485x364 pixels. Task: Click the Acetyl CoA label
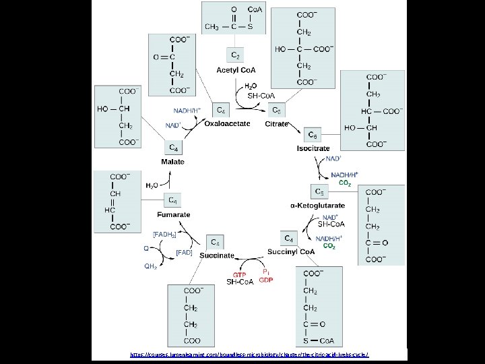234,70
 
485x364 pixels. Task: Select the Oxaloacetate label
227,124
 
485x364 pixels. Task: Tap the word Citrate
277,124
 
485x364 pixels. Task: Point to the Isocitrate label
313,148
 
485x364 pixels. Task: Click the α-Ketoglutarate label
317,205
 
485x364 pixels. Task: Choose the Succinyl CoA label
291,251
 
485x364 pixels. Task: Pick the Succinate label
216,255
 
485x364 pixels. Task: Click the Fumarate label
174,214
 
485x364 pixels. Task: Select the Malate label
172,162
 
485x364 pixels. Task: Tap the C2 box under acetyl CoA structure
236,55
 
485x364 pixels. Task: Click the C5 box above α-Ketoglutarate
319,192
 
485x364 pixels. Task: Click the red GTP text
239,275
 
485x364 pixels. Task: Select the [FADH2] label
164,233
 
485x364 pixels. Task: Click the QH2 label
151,266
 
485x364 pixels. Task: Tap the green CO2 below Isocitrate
344,183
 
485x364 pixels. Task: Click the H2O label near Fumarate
152,185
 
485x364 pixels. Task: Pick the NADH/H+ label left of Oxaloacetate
187,111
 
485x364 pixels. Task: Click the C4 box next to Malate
173,147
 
